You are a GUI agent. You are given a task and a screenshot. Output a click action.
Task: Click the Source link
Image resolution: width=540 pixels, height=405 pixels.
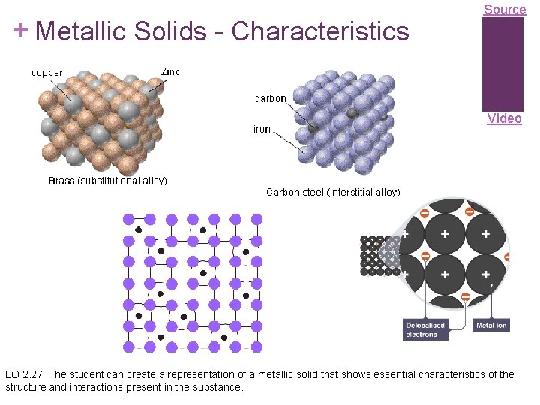(x=504, y=10)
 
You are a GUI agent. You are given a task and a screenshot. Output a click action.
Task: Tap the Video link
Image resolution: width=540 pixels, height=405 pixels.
(x=504, y=118)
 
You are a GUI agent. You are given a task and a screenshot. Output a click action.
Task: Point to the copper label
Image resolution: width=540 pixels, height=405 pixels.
(x=46, y=73)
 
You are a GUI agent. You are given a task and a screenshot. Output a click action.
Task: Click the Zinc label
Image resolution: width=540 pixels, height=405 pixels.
(x=170, y=71)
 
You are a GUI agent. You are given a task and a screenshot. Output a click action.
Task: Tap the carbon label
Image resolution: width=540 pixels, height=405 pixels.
(x=270, y=98)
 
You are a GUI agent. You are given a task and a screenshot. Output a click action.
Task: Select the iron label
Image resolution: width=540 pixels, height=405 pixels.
(x=262, y=129)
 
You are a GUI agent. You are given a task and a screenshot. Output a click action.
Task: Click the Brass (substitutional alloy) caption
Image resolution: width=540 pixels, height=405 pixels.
(x=107, y=181)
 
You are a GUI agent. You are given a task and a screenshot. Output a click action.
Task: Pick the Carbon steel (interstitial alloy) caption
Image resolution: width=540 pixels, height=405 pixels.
(x=333, y=192)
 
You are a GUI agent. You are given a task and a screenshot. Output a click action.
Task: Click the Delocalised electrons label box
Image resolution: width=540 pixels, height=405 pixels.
(x=425, y=330)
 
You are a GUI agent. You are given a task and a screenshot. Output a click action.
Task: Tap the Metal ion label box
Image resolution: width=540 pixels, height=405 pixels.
(x=491, y=325)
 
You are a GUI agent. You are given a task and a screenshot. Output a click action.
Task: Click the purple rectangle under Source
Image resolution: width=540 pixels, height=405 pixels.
(x=502, y=64)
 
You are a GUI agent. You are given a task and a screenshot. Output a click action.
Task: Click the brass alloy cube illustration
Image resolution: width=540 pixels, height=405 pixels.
(x=99, y=120)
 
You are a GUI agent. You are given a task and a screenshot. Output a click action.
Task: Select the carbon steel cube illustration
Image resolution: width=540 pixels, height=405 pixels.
(x=341, y=120)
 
